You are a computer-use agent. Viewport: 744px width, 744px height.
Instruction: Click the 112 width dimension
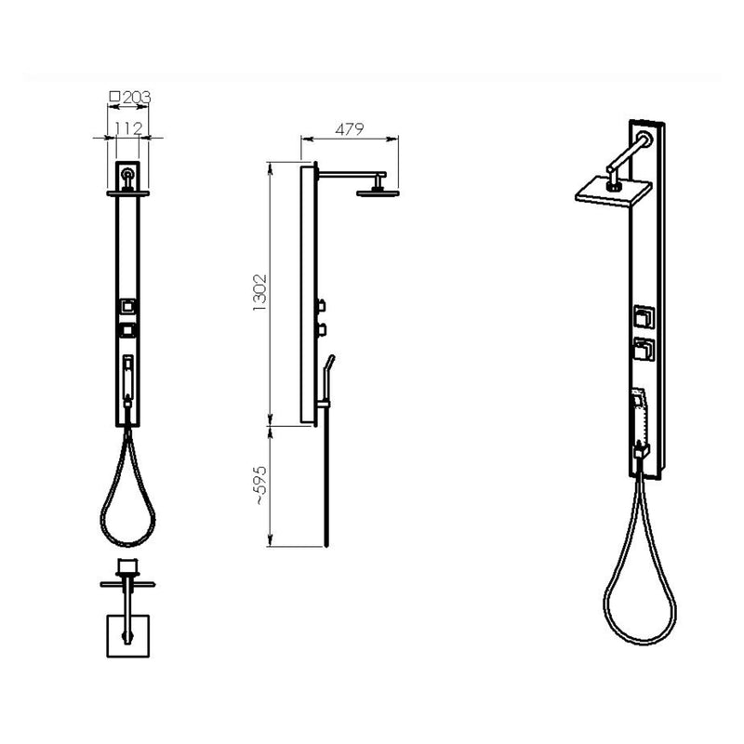[126, 127]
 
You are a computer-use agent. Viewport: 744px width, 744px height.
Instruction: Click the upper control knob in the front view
[127, 305]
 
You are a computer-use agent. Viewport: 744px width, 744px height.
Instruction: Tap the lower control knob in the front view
[127, 329]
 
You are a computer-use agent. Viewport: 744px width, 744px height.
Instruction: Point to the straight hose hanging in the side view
[325, 484]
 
